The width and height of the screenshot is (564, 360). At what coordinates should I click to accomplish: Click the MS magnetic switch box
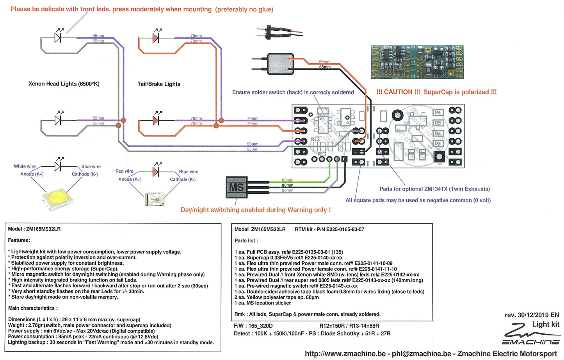pos(237,187)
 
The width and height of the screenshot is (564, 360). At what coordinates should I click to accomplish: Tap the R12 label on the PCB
pos(315,139)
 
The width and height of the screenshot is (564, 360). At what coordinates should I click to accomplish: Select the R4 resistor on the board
pos(438,112)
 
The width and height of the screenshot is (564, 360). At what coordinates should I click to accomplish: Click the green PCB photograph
pos(417,62)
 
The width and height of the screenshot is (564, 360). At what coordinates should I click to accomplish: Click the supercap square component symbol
pos(280,64)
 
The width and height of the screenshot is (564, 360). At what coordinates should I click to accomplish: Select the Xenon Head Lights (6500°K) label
pos(64,84)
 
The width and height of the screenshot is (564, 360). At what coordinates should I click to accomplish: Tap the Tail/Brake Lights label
pos(159,84)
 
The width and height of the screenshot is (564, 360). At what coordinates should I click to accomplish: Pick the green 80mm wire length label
pos(288,180)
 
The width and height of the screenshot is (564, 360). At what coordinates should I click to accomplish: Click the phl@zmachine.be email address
pos(422,354)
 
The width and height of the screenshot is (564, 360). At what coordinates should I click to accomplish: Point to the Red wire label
pos(125,171)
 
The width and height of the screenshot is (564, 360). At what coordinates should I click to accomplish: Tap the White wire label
pos(25,166)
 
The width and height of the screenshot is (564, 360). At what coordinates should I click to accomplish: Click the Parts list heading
pos(246,241)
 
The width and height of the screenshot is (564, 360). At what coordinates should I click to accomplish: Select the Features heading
pos(19,240)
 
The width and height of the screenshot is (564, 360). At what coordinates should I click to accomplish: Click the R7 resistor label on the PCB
pos(438,144)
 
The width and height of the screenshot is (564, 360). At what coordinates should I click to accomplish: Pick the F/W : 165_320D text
pos(253,326)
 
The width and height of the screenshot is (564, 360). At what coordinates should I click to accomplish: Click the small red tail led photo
pos(155,199)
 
